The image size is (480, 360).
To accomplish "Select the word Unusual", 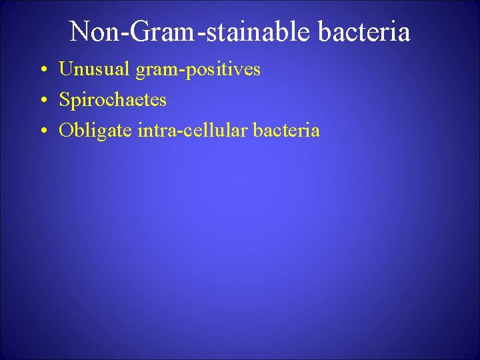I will point(89,69).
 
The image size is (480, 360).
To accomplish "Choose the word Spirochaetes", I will point(113,101).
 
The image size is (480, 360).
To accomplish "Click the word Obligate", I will point(95,131).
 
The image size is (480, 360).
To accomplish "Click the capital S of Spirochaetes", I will point(64,100).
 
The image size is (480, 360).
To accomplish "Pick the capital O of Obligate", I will point(65,131).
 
